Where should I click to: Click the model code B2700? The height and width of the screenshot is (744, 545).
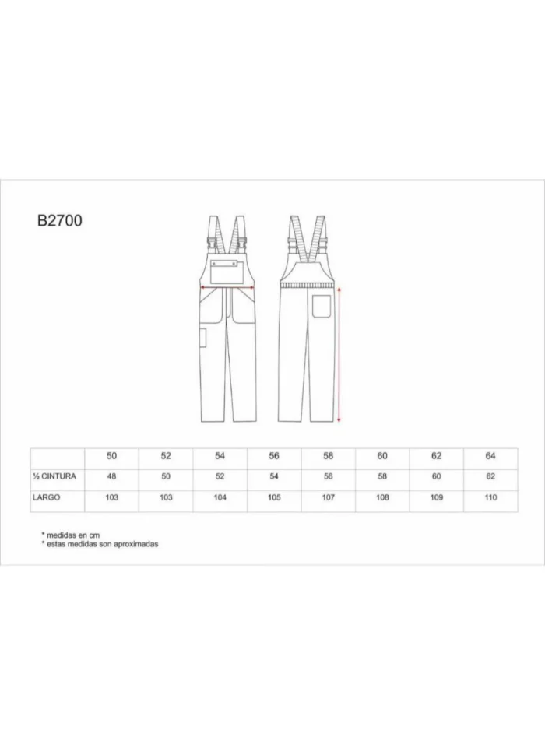pyautogui.click(x=60, y=221)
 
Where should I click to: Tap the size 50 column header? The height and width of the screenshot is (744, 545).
pyautogui.click(x=111, y=456)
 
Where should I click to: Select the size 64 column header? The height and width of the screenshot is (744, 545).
pyautogui.click(x=490, y=456)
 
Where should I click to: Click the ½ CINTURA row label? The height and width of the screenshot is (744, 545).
pyautogui.click(x=54, y=476)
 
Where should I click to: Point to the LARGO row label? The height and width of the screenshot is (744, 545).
pyautogui.click(x=46, y=497)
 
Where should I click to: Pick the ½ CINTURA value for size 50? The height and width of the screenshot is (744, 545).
pyautogui.click(x=111, y=476)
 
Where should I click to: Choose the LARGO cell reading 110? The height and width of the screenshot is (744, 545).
pyautogui.click(x=490, y=497)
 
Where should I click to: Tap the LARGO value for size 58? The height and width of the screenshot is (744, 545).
pyautogui.click(x=328, y=497)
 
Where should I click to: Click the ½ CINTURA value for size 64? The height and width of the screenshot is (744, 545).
pyautogui.click(x=490, y=476)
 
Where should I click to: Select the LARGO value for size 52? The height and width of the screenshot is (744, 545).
pyautogui.click(x=166, y=497)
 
